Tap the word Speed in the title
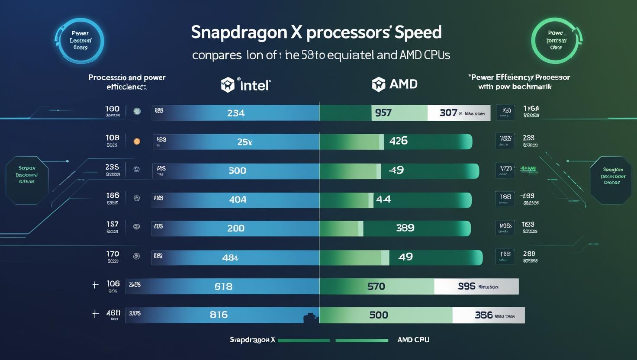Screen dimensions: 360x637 pos(418,32)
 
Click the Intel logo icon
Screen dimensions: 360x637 pos(228,85)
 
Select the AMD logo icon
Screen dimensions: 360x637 pos(378,84)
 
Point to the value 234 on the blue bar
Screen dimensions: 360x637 pos(236,113)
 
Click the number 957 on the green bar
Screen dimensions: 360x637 pos(383,113)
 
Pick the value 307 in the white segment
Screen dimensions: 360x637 pos(448,113)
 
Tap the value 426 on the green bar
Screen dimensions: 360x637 pos(398,141)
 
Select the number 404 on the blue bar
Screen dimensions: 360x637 pos(238,199)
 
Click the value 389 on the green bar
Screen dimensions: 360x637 pos(405,228)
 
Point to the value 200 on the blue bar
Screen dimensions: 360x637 pos(236,228)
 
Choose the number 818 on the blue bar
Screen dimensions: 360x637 pos(223,286)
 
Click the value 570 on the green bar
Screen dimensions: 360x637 pos(376,286)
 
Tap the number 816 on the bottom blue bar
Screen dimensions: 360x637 pos(219,315)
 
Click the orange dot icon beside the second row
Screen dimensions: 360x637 pos(137,141)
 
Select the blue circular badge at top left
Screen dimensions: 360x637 pos(80,41)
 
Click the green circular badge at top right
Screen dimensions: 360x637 pos(556,40)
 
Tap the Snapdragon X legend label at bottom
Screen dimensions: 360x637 pos(252,340)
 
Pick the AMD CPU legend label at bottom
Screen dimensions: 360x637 pos(413,340)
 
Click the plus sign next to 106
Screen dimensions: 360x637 pos(95,285)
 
